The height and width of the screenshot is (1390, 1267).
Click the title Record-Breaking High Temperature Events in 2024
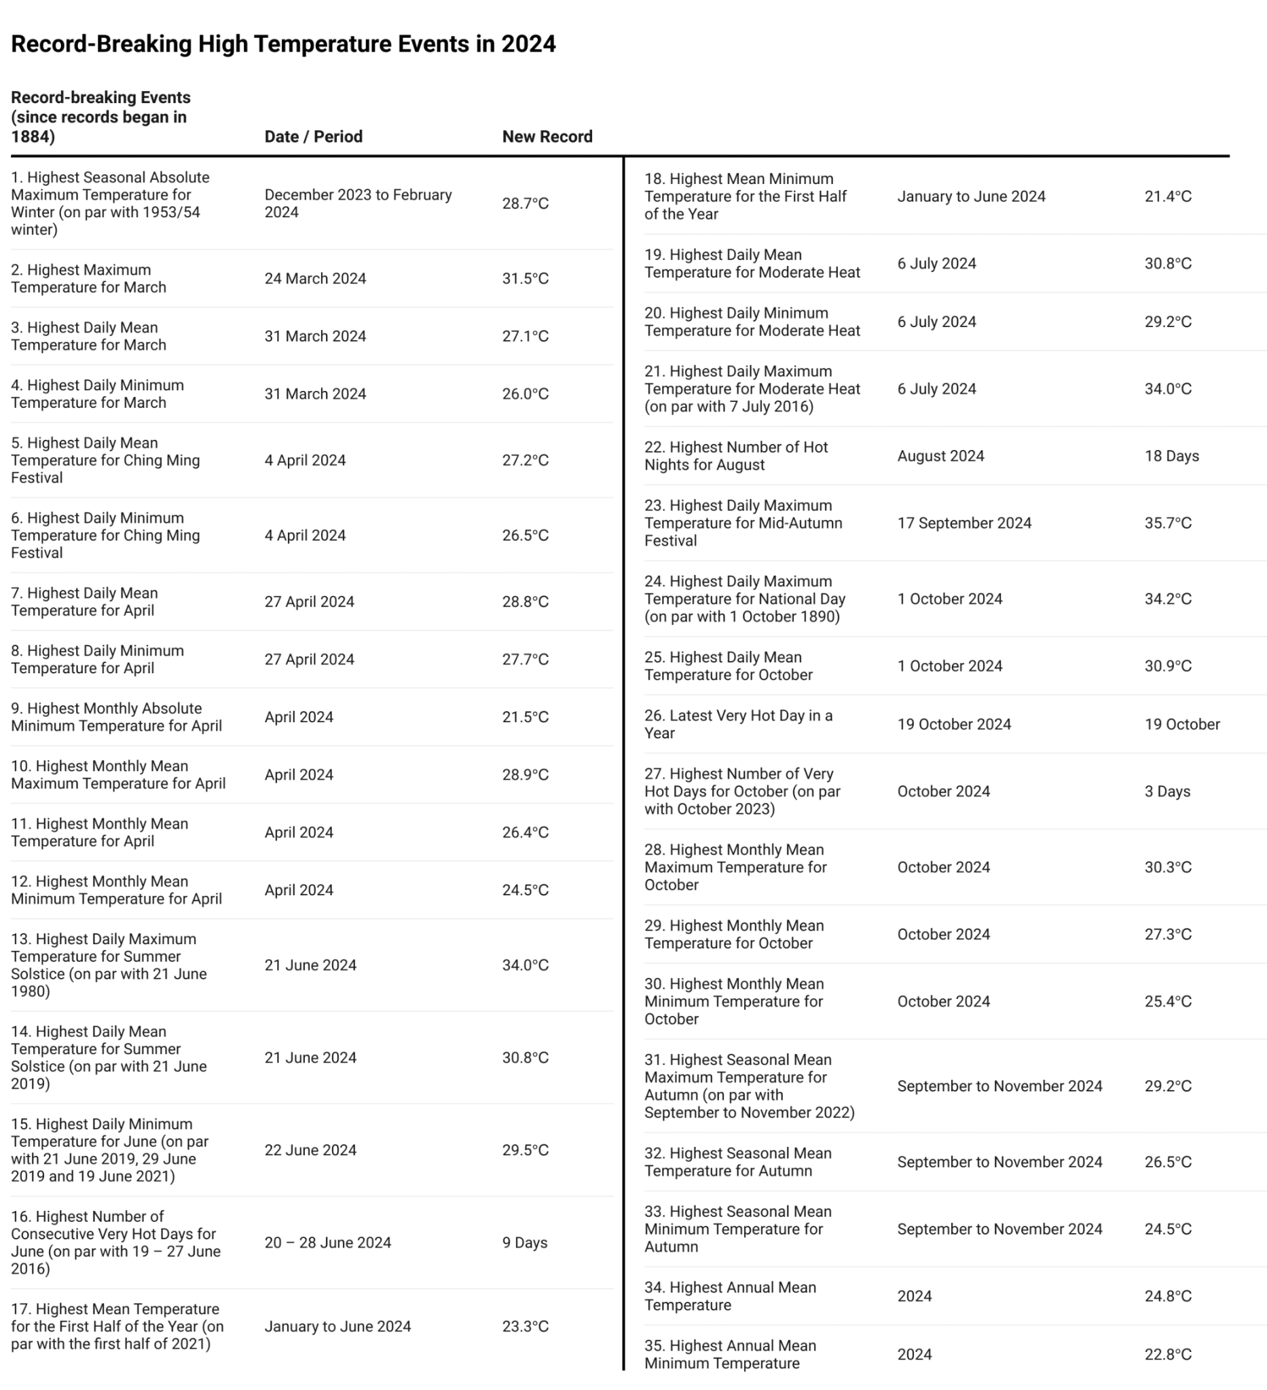tap(282, 44)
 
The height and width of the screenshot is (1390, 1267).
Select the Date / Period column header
tap(313, 136)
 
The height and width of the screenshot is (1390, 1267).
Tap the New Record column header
tap(547, 136)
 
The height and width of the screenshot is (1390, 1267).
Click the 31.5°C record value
tap(525, 278)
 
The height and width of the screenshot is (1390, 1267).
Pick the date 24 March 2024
tap(315, 278)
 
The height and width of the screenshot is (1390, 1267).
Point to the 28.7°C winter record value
tap(525, 204)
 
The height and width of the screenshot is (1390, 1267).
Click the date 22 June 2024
tap(310, 1150)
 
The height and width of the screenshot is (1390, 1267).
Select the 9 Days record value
tap(524, 1243)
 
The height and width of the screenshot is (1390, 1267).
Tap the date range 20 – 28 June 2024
tap(327, 1243)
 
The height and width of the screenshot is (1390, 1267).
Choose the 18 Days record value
tap(1171, 455)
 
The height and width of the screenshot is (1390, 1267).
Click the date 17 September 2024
tap(963, 523)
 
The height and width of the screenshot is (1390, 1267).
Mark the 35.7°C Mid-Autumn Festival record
tap(1168, 523)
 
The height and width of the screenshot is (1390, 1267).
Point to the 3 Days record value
tap(1167, 791)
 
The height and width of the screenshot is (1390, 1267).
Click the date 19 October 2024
tap(954, 724)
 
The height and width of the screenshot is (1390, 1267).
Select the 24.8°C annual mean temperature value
tap(1168, 1296)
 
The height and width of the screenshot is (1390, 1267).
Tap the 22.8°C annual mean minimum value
tap(1168, 1354)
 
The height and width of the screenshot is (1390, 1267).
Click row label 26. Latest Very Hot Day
tap(738, 724)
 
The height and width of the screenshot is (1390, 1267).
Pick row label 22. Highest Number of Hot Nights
tap(735, 455)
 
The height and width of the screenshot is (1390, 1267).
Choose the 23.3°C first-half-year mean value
tap(525, 1326)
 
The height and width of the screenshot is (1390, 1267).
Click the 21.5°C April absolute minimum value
tap(525, 717)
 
